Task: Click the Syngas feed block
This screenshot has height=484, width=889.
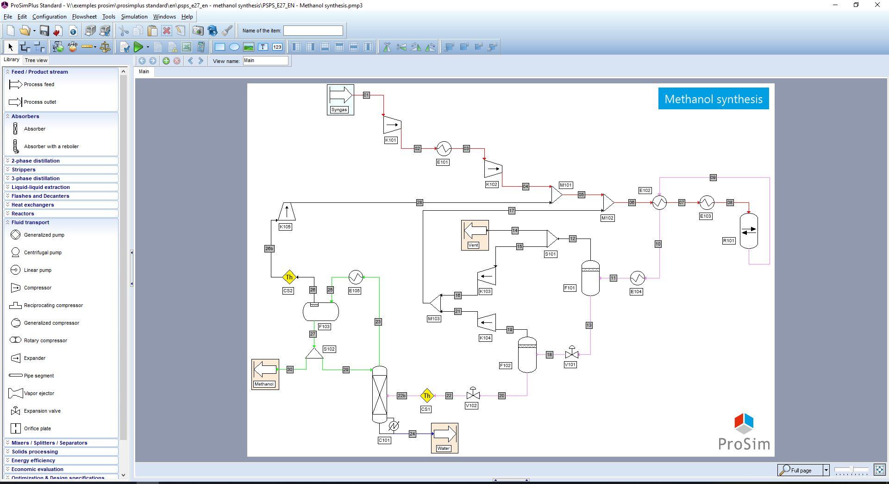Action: tap(340, 100)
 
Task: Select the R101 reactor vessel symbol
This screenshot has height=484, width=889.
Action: tap(749, 231)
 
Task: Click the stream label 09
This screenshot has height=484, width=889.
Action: tap(713, 177)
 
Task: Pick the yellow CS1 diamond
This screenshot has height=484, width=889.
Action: tap(426, 396)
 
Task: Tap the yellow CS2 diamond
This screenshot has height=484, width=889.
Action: tap(289, 277)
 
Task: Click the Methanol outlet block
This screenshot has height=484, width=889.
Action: tap(265, 374)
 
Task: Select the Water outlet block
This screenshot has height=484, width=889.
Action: tap(444, 438)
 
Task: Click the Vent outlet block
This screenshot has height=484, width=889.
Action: tap(475, 235)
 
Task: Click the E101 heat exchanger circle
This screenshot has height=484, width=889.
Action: tap(444, 148)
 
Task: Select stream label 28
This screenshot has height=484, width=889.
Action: tap(419, 202)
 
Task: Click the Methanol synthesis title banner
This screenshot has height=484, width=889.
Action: tap(714, 99)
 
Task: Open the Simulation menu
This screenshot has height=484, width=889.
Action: tap(134, 17)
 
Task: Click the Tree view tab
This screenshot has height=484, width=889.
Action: tap(36, 60)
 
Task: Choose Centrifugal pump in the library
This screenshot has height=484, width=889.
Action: tap(43, 252)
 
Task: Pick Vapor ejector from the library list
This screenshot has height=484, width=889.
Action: tap(39, 393)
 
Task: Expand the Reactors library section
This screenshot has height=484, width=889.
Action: tap(23, 214)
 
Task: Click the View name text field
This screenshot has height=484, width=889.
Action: tap(265, 61)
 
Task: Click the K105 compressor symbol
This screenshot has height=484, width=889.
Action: tap(287, 212)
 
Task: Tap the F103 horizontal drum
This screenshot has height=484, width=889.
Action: tap(321, 312)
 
